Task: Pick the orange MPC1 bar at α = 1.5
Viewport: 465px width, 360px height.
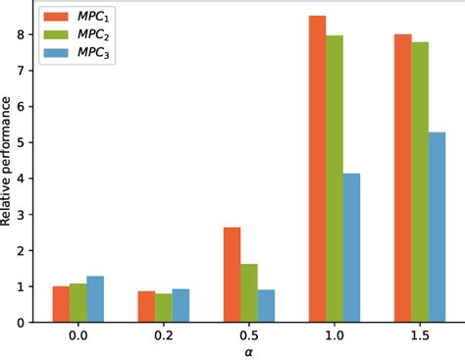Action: point(402,178)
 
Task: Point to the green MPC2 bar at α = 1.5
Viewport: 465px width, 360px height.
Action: point(419,181)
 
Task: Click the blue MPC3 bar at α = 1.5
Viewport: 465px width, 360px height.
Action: point(437,227)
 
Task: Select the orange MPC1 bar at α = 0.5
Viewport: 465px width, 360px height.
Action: point(232,275)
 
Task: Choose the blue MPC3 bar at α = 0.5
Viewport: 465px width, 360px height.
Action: point(266,305)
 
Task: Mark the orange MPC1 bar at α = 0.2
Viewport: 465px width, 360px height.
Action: point(146,306)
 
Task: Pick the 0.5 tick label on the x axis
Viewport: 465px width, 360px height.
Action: point(249,334)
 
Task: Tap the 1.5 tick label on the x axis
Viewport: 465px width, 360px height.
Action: point(419,334)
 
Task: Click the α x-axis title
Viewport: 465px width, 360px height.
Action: point(249,351)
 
